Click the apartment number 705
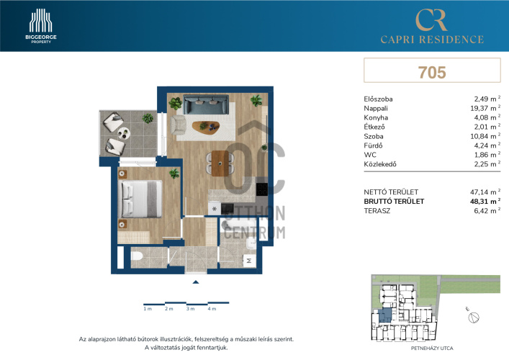[x=432, y=73]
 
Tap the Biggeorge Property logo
[x=41, y=26]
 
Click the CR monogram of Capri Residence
[x=431, y=20]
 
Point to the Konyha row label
[x=376, y=117]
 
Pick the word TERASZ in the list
[x=377, y=211]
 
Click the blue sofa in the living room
[x=206, y=104]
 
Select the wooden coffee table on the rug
[x=206, y=127]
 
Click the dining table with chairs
[x=220, y=163]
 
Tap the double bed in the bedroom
[x=142, y=199]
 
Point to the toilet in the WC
[x=137, y=256]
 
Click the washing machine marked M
[x=249, y=261]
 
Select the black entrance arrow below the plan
[x=195, y=282]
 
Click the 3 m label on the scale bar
[x=190, y=309]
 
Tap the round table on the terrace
[x=124, y=133]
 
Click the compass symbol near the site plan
[x=474, y=317]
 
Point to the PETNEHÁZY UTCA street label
[x=432, y=348]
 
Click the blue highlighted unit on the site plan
[x=385, y=315]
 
